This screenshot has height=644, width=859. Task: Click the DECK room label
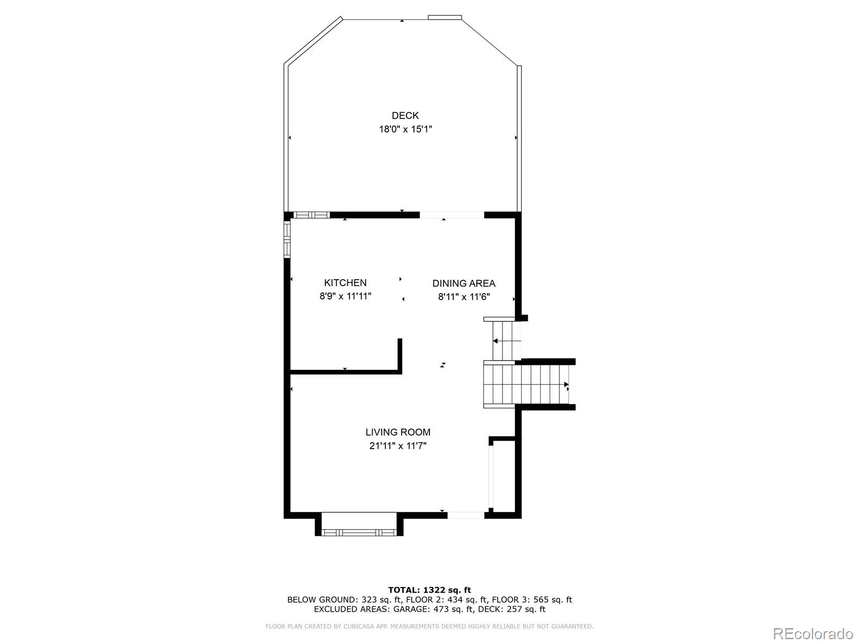[405, 115]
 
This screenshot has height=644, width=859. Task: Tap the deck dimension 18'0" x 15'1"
[405, 129]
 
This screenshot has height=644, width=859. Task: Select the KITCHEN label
[345, 283]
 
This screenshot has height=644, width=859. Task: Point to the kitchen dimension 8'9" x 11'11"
[345, 296]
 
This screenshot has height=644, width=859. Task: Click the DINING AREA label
[463, 283]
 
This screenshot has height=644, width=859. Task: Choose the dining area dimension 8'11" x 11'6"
[463, 297]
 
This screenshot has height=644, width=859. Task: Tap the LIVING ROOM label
[398, 432]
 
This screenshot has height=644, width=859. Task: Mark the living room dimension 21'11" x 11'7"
[398, 445]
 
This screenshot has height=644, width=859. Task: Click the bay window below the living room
[359, 532]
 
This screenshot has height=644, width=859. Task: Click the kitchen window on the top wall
[311, 215]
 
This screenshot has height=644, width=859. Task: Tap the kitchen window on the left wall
[287, 239]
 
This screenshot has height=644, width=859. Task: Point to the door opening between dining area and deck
[452, 215]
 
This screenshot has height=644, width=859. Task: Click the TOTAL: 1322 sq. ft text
[429, 590]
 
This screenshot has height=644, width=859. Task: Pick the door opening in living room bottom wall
[465, 515]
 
